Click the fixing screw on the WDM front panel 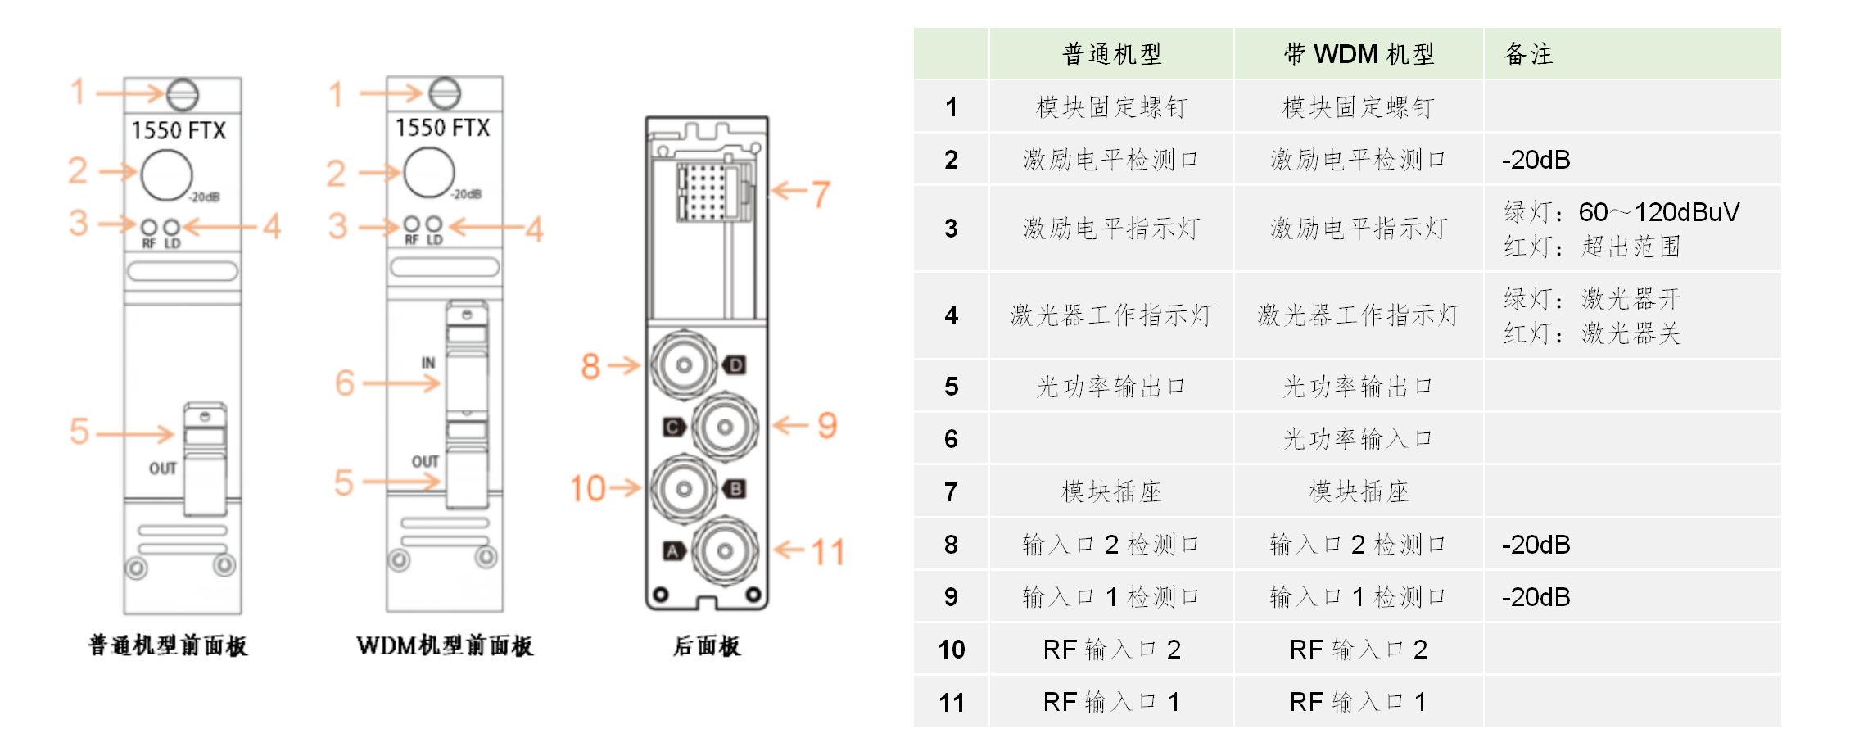click(x=445, y=93)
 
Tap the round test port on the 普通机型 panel click(x=166, y=174)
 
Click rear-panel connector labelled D click(x=684, y=365)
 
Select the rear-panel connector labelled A click(x=725, y=551)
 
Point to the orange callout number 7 click(x=821, y=194)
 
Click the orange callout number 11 click(x=827, y=552)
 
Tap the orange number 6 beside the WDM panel click(x=345, y=383)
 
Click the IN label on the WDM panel click(x=428, y=362)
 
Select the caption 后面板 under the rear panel click(x=707, y=646)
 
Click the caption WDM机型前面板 click(x=445, y=646)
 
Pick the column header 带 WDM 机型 click(x=1359, y=54)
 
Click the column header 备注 click(x=1529, y=54)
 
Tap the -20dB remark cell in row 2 click(x=1536, y=160)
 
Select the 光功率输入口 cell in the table click(x=1358, y=439)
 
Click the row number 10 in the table click(x=951, y=650)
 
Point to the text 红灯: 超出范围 click(x=1591, y=247)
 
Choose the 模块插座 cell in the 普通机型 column click(x=1111, y=491)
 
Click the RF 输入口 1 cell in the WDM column click(x=1358, y=702)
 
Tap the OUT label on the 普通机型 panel click(x=162, y=469)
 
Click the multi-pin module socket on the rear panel click(x=703, y=192)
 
